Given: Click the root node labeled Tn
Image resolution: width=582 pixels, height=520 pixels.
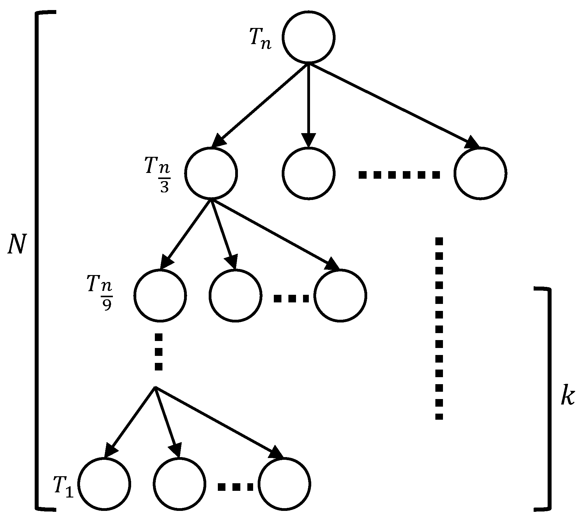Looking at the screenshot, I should pyautogui.click(x=308, y=37).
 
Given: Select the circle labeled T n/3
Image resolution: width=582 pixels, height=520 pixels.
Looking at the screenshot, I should pyautogui.click(x=211, y=174).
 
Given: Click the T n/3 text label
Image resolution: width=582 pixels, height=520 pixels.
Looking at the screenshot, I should pyautogui.click(x=159, y=175).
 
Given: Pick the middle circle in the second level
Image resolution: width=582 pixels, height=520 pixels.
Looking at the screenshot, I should pyautogui.click(x=308, y=174).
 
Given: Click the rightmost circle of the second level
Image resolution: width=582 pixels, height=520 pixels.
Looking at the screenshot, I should pyautogui.click(x=480, y=174).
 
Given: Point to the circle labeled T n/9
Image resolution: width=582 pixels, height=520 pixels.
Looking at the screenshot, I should pyautogui.click(x=160, y=295).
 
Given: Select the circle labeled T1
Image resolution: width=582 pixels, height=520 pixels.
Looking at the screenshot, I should pyautogui.click(x=104, y=484).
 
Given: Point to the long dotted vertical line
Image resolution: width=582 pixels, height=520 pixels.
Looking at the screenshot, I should pyautogui.click(x=439, y=328).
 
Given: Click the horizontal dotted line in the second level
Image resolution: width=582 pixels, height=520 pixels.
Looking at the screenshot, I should pyautogui.click(x=399, y=175).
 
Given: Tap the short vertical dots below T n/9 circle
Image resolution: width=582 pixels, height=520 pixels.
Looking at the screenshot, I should pyautogui.click(x=159, y=352).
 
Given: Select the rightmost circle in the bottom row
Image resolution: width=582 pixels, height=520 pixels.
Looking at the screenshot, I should pyautogui.click(x=284, y=484).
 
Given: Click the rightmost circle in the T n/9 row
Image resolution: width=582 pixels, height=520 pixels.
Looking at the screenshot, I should pyautogui.click(x=340, y=295).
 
